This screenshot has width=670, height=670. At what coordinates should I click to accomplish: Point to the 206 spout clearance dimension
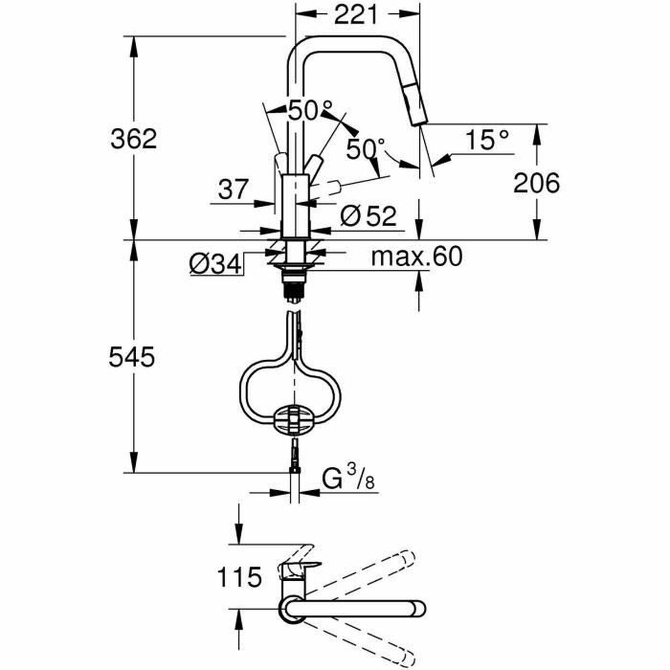pyautogui.click(x=536, y=183)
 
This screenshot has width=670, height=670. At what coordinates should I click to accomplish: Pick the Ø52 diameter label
pyautogui.click(x=368, y=216)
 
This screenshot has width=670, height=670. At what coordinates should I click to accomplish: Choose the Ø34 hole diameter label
pyautogui.click(x=214, y=263)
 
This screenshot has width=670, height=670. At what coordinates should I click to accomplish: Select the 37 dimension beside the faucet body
pyautogui.click(x=232, y=190)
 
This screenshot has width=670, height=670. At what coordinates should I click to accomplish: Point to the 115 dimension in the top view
pyautogui.click(x=238, y=577)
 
